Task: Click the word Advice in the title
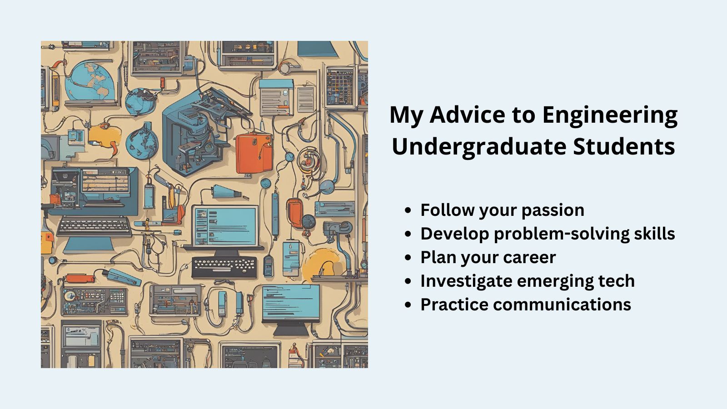pos(467,115)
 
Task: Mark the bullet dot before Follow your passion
pos(408,210)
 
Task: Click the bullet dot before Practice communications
pos(408,305)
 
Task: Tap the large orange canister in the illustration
pos(254,153)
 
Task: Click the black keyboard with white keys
pos(224,267)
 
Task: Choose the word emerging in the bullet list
pos(555,281)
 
